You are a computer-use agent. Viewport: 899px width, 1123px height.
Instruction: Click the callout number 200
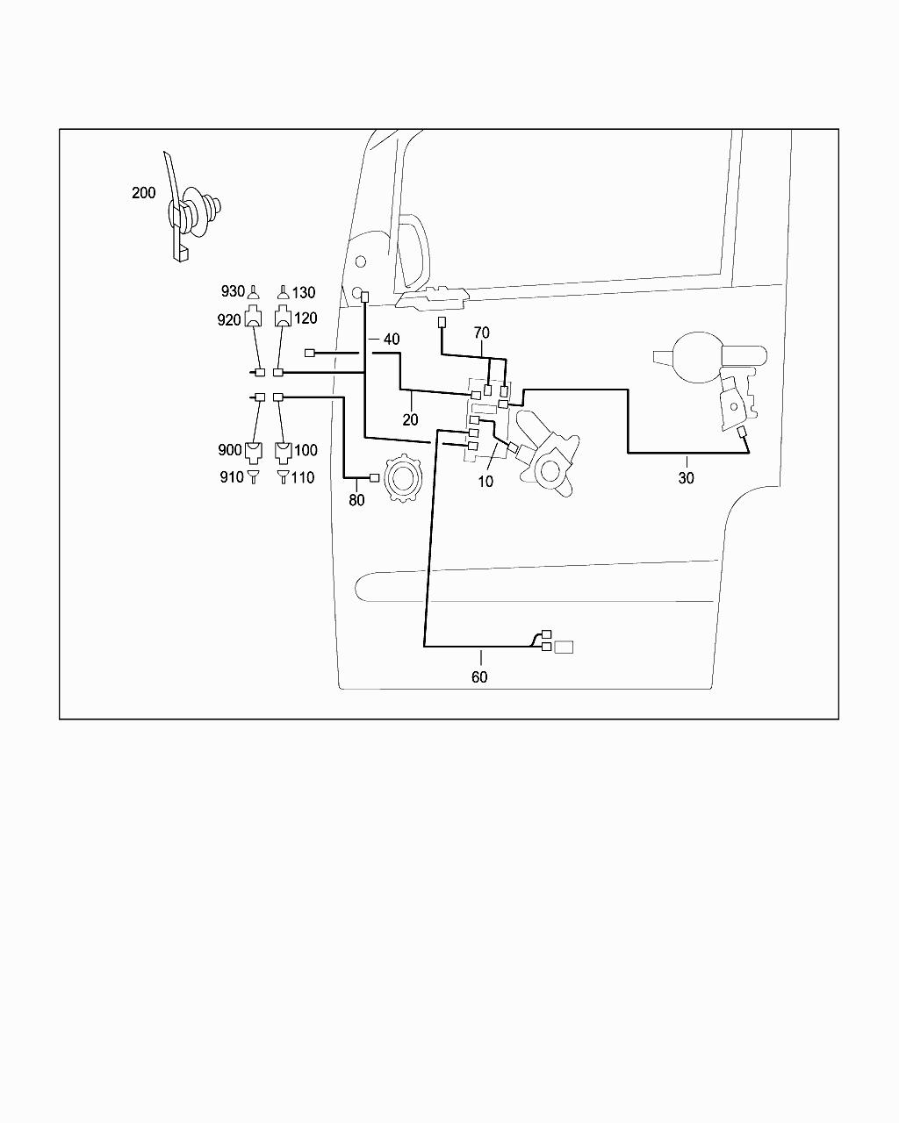143,193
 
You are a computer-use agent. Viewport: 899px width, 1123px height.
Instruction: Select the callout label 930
233,291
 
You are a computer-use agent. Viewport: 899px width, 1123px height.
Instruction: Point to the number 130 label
304,293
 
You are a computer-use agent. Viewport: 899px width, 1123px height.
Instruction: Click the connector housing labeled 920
254,317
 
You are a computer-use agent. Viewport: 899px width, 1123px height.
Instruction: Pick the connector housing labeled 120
283,317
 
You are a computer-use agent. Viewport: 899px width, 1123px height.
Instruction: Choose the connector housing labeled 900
254,453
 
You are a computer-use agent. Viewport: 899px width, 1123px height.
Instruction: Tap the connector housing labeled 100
283,453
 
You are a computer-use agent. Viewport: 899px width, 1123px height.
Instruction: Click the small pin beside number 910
254,476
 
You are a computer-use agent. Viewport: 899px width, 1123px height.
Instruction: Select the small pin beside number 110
283,476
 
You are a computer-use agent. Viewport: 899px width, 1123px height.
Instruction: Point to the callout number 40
392,340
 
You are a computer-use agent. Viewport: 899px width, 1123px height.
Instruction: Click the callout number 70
482,333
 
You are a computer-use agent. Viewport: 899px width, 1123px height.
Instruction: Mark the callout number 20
411,419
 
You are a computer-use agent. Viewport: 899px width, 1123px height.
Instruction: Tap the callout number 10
485,481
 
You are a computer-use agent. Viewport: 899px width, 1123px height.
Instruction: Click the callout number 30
686,477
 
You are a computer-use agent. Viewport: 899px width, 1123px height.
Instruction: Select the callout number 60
479,676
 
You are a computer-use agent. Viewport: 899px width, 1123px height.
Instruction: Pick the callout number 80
356,500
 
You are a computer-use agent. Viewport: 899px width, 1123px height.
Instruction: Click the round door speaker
403,478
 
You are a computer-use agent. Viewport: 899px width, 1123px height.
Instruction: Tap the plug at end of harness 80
375,477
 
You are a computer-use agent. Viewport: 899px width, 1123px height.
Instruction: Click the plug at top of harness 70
442,322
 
